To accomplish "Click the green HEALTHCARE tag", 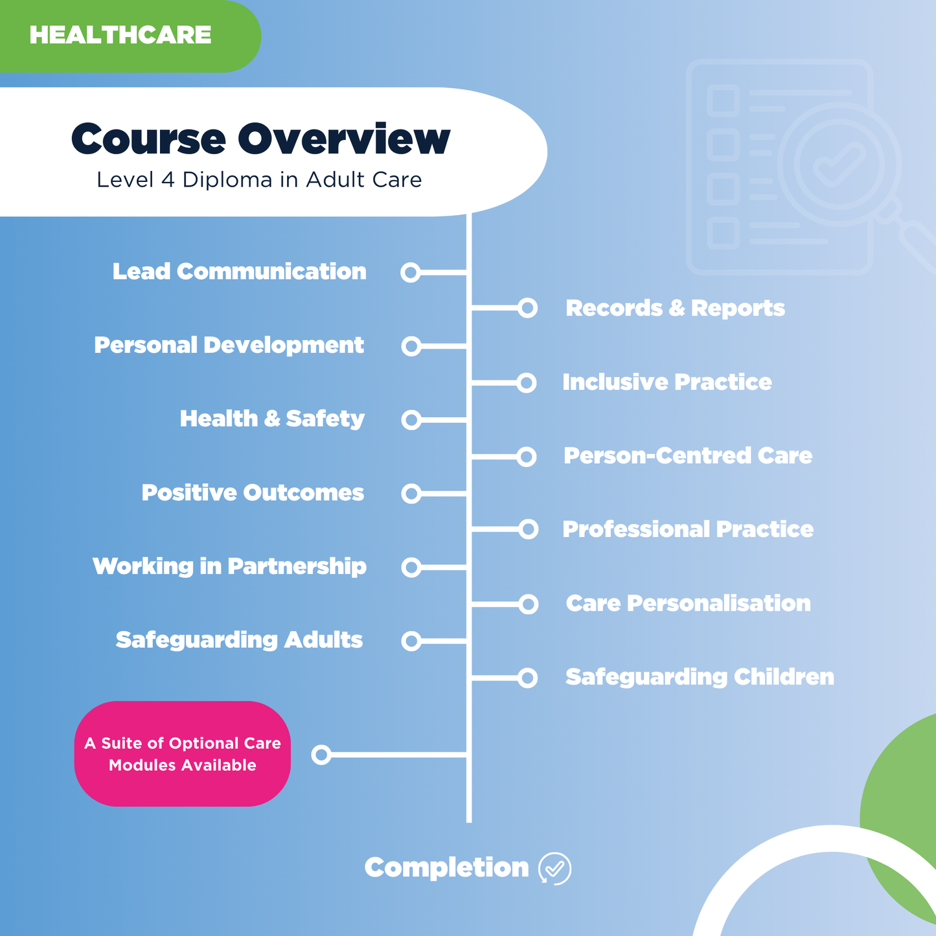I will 120,35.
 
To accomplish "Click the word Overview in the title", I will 343,139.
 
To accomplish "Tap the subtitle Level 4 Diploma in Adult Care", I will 259,179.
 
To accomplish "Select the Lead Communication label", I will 240,271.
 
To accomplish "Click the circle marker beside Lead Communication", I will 411,272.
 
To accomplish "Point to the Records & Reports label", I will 675,308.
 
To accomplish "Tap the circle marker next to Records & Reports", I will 528,308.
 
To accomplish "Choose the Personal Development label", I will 229,345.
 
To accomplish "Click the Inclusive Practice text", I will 667,382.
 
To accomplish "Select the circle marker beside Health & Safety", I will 411,420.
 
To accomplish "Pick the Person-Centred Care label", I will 687,456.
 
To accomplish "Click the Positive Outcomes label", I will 253,493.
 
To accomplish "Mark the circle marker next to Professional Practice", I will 529,530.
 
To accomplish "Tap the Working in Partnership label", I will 229,567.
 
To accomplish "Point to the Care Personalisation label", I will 688,604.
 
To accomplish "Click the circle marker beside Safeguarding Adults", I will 411,641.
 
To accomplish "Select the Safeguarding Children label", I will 700,678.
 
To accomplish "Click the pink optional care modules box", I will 183,754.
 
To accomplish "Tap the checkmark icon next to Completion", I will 555,868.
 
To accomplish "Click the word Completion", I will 446,868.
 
